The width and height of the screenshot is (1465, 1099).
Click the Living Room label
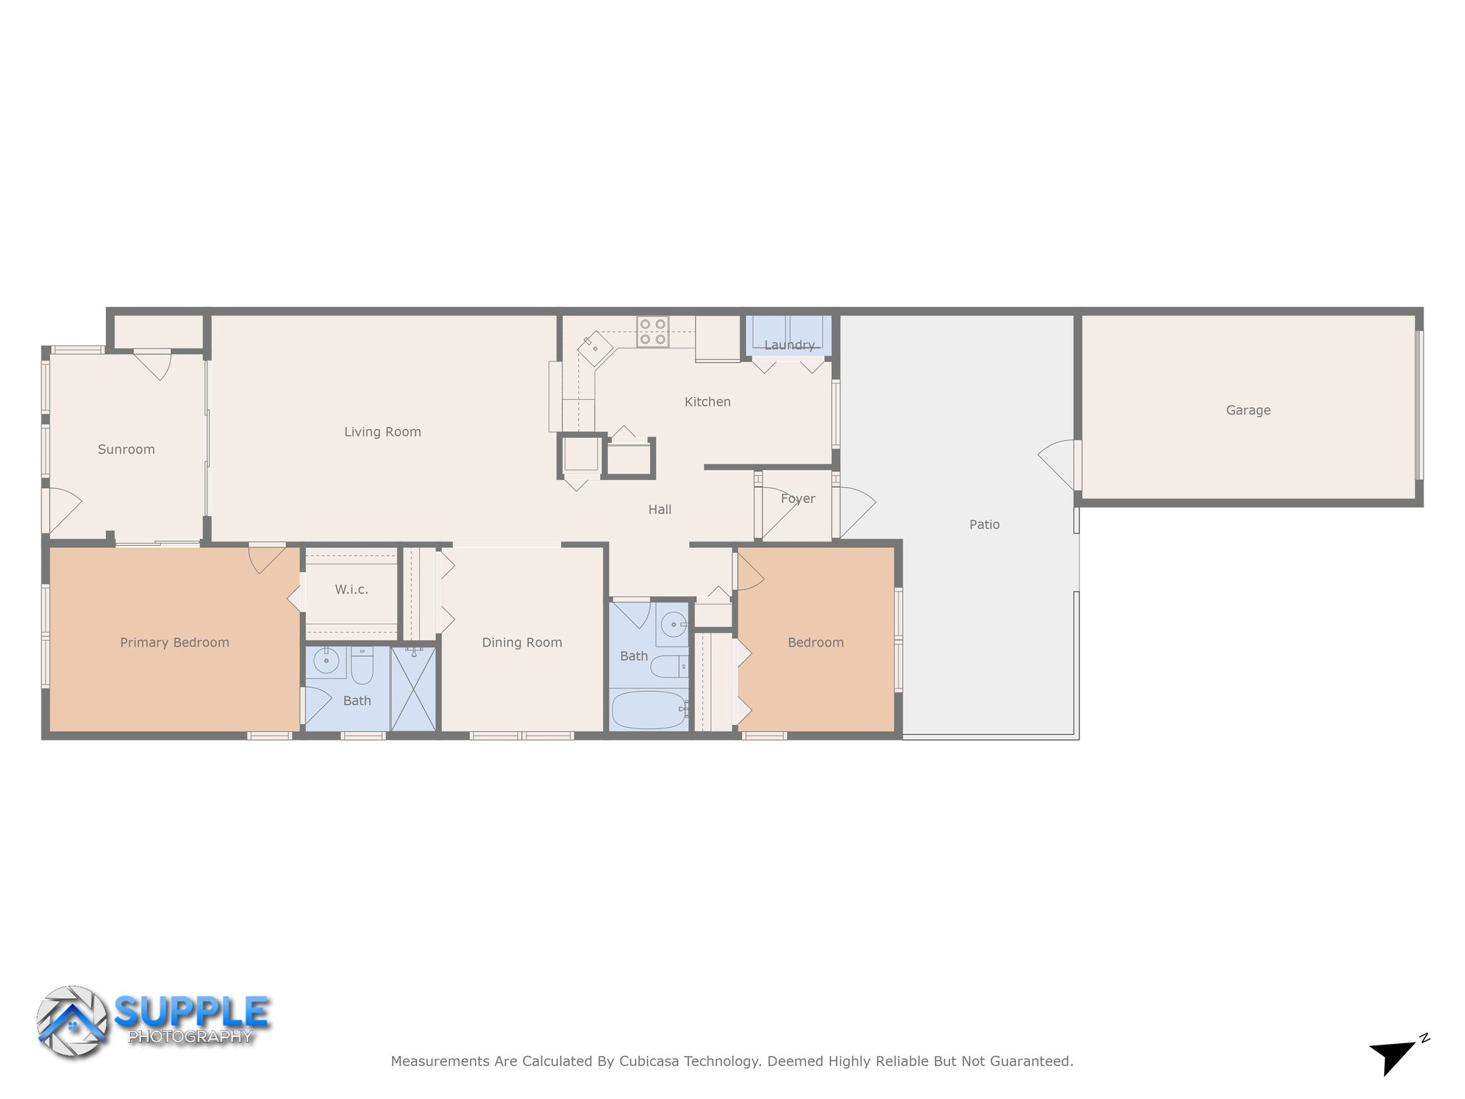[383, 432]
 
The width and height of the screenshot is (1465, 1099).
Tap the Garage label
[1248, 411]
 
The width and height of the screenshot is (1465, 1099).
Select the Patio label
[984, 525]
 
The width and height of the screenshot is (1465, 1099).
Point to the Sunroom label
[127, 450]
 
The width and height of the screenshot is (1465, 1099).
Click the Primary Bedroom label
[175, 643]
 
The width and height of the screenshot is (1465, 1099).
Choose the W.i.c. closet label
[351, 590]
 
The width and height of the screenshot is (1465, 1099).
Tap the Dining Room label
[522, 643]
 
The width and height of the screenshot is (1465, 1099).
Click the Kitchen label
[707, 402]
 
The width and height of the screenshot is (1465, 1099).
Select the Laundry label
[789, 346]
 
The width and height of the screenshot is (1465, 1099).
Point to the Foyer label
[798, 499]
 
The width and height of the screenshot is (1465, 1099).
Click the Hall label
[660, 510]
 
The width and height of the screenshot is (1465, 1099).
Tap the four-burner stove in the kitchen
[652, 332]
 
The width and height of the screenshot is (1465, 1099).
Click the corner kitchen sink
[595, 348]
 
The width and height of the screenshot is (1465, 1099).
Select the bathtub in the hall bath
[649, 710]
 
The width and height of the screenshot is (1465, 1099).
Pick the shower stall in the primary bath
[413, 688]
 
